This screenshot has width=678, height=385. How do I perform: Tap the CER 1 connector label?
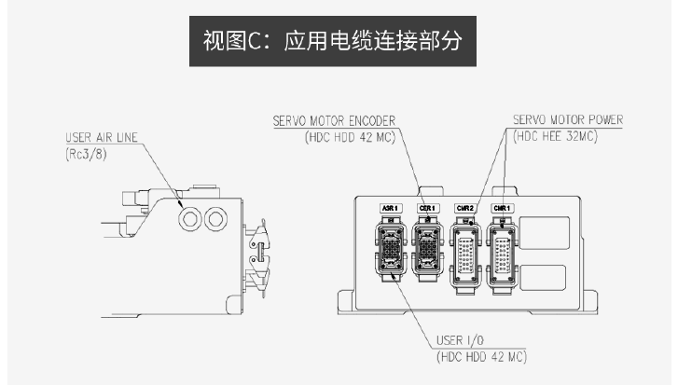point(428,208)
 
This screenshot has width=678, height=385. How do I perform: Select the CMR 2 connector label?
point(464,208)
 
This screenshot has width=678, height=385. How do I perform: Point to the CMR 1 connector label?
point(501,208)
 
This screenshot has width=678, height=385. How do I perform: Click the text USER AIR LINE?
point(97,137)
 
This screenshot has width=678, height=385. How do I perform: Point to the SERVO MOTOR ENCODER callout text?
point(335,120)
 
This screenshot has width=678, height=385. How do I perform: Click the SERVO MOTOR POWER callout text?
point(567,120)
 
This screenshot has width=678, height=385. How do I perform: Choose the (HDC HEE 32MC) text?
point(555,136)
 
